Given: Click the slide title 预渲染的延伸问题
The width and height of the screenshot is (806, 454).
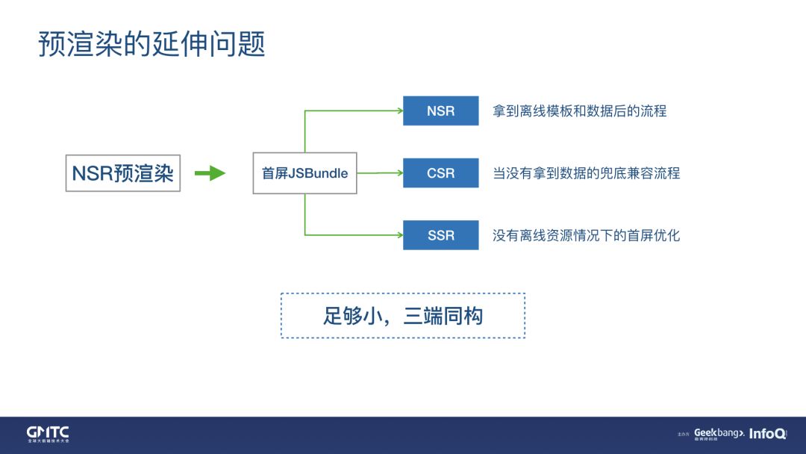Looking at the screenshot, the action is [x=152, y=45].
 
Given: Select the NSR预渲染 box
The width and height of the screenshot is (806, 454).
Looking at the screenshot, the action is [x=123, y=173].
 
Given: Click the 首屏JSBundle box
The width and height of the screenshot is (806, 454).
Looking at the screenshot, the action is [x=304, y=173].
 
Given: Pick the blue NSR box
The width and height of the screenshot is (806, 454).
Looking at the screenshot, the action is [x=440, y=111].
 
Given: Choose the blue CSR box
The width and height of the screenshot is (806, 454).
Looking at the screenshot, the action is [x=440, y=173].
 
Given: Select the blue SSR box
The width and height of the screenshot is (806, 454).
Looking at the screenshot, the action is [x=440, y=235].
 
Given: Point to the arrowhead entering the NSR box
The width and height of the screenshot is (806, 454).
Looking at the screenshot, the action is [x=399, y=111].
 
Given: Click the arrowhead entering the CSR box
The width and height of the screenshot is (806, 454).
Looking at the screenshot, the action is [x=399, y=173].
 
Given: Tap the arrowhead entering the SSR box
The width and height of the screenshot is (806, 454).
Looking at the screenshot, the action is [x=399, y=235].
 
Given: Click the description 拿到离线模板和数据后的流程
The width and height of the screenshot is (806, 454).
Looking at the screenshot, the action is [x=579, y=111].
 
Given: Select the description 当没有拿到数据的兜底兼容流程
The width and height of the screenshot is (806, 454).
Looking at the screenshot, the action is [x=586, y=173].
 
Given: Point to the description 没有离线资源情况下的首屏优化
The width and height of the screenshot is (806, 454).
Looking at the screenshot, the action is [x=586, y=235].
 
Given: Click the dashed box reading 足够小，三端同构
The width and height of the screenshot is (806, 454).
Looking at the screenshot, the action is [x=403, y=316].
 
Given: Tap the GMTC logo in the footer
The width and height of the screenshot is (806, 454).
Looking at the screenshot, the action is [x=48, y=434].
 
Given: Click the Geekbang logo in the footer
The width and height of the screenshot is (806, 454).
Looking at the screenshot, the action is [x=719, y=434].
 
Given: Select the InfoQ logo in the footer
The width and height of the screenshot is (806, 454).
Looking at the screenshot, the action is [x=767, y=434].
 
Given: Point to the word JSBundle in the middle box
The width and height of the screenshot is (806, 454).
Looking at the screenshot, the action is [x=318, y=173].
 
